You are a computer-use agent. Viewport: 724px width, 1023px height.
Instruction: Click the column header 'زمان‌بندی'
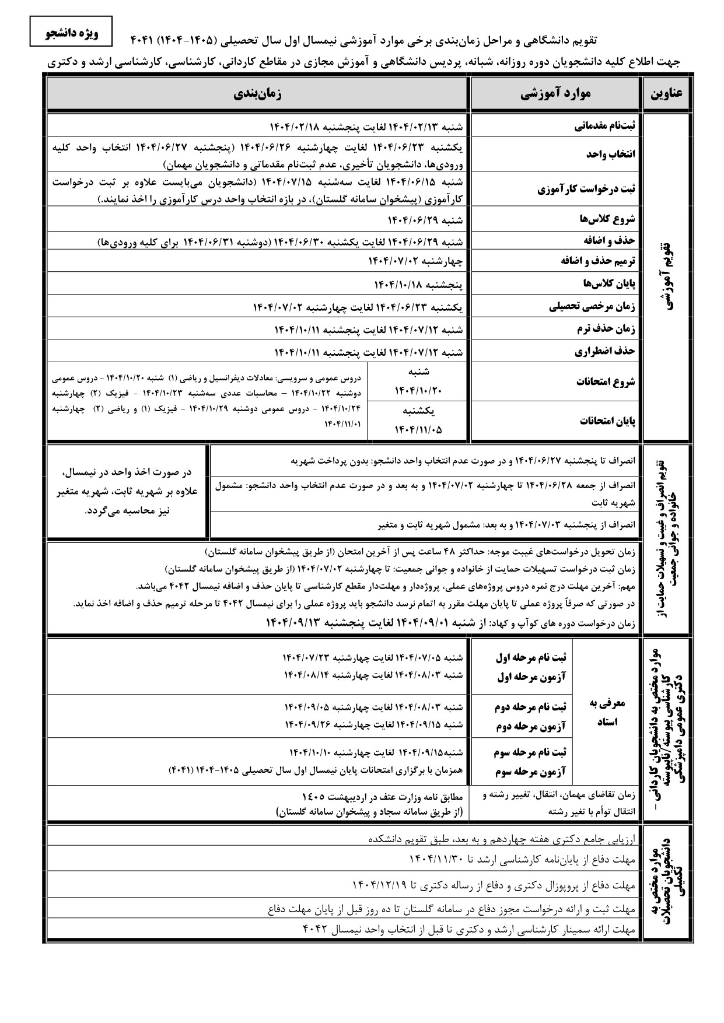[x=257, y=94]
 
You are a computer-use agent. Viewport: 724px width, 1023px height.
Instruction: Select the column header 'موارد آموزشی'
[x=555, y=94]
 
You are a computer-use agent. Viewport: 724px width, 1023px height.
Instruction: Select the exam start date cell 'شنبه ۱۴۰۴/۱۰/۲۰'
[x=418, y=381]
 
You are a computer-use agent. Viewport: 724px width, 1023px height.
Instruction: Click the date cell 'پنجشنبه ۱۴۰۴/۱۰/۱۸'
[x=418, y=284]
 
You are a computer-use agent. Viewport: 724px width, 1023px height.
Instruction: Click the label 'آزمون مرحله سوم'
[x=530, y=772]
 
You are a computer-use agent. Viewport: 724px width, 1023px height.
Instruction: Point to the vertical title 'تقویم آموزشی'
[x=669, y=277]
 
